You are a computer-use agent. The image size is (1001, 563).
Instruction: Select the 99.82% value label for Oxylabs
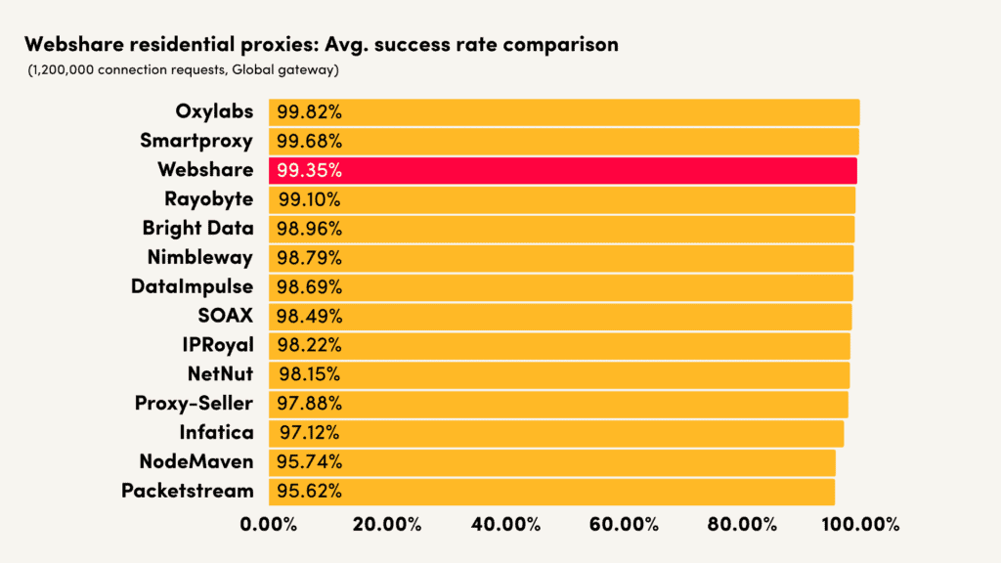point(308,111)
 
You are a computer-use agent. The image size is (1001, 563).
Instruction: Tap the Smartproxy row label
point(196,141)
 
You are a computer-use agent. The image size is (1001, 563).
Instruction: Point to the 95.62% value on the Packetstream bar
point(308,491)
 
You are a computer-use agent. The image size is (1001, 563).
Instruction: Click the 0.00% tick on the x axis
point(268,524)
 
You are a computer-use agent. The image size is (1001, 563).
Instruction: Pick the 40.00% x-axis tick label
point(505,524)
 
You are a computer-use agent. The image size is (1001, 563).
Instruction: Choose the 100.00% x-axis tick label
point(859,524)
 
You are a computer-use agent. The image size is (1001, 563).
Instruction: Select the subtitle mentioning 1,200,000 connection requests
point(183,69)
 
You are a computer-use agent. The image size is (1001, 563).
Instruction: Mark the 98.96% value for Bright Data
point(308,228)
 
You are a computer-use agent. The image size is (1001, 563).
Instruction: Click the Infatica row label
point(216,432)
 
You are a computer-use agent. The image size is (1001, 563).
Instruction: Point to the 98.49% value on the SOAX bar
point(308,316)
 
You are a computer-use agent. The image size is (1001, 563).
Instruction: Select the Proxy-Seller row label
point(194,403)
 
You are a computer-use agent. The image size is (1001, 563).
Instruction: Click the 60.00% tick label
point(624,524)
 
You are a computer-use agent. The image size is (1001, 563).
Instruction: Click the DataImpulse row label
point(192,286)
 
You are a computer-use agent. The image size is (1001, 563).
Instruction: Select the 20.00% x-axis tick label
point(386,524)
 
